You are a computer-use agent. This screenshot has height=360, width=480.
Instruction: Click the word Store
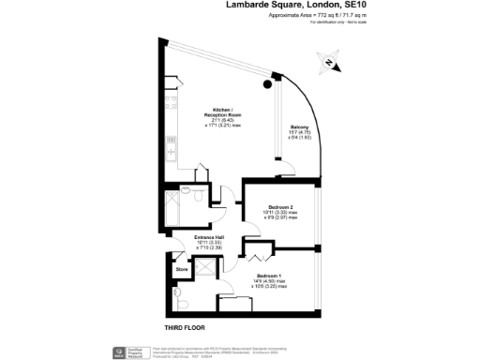click(x=181, y=271)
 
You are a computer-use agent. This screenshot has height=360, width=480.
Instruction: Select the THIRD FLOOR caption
click(x=185, y=327)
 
